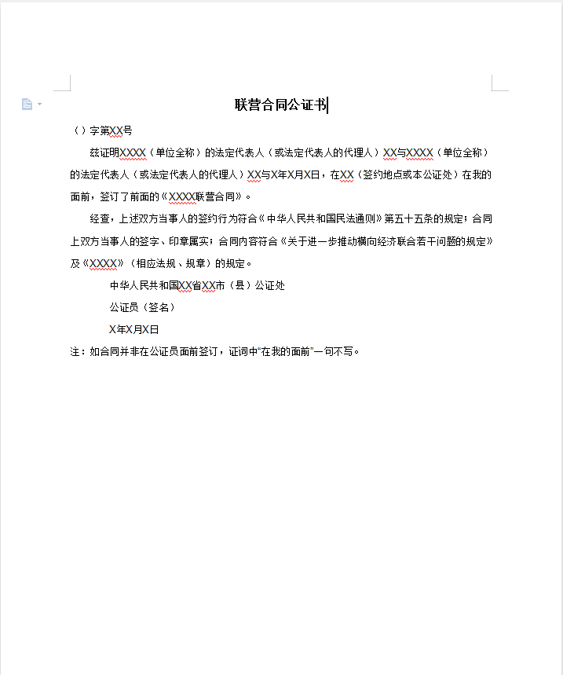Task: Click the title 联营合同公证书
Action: (x=281, y=105)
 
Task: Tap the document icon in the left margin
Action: (x=27, y=104)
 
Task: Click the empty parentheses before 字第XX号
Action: (x=79, y=130)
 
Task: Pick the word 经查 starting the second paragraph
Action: (x=100, y=218)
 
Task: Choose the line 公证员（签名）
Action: (x=142, y=307)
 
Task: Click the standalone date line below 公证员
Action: (x=133, y=329)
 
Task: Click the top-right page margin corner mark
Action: (x=497, y=85)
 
